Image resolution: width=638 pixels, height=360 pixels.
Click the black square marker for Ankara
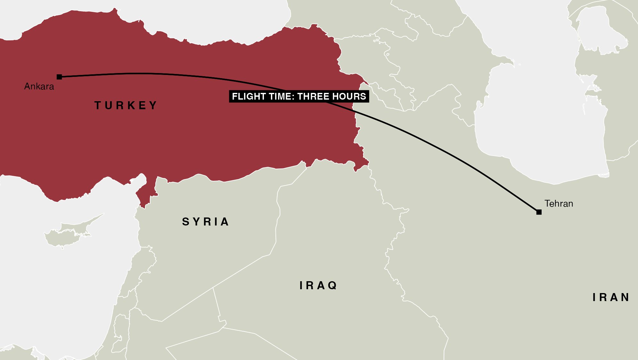(x=59, y=77)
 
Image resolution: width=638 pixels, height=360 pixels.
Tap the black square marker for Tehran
(x=539, y=212)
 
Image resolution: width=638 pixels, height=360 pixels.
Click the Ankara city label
(x=39, y=86)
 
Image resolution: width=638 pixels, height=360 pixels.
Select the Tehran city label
(x=559, y=204)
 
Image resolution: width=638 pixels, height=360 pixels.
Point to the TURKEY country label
(x=126, y=105)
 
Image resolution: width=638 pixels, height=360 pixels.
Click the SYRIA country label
(x=206, y=222)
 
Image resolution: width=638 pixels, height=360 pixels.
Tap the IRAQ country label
(x=318, y=285)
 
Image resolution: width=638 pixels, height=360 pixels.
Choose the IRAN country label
(x=611, y=297)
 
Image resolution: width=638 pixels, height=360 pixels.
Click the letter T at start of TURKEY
(x=98, y=105)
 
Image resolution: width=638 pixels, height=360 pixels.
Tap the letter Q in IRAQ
(x=332, y=285)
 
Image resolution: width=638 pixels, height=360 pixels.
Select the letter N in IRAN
(x=625, y=297)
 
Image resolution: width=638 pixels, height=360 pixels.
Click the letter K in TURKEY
(x=131, y=105)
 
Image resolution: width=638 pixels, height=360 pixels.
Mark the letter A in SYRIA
(x=225, y=222)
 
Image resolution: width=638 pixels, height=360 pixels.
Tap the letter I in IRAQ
(x=301, y=285)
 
